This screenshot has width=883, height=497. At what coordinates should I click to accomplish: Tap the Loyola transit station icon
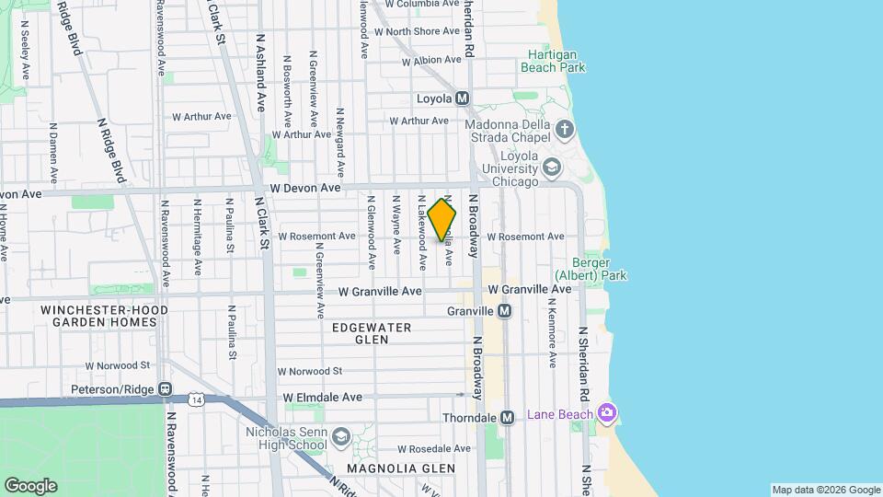click(x=462, y=98)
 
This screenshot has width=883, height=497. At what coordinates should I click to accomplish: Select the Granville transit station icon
click(x=504, y=311)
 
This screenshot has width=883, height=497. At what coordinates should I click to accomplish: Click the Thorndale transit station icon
click(x=507, y=417)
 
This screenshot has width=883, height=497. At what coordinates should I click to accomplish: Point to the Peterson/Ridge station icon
click(x=165, y=389)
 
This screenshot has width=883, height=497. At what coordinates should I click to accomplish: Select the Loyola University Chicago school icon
click(x=551, y=167)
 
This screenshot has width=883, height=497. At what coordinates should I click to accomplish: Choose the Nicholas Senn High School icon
click(x=341, y=435)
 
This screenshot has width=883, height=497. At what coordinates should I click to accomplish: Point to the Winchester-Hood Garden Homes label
click(x=104, y=316)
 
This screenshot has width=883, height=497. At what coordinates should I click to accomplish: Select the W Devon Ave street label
click(x=305, y=189)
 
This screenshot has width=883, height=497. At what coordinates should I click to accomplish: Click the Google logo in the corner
click(x=30, y=485)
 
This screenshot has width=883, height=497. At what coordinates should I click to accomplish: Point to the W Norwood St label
click(x=310, y=372)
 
